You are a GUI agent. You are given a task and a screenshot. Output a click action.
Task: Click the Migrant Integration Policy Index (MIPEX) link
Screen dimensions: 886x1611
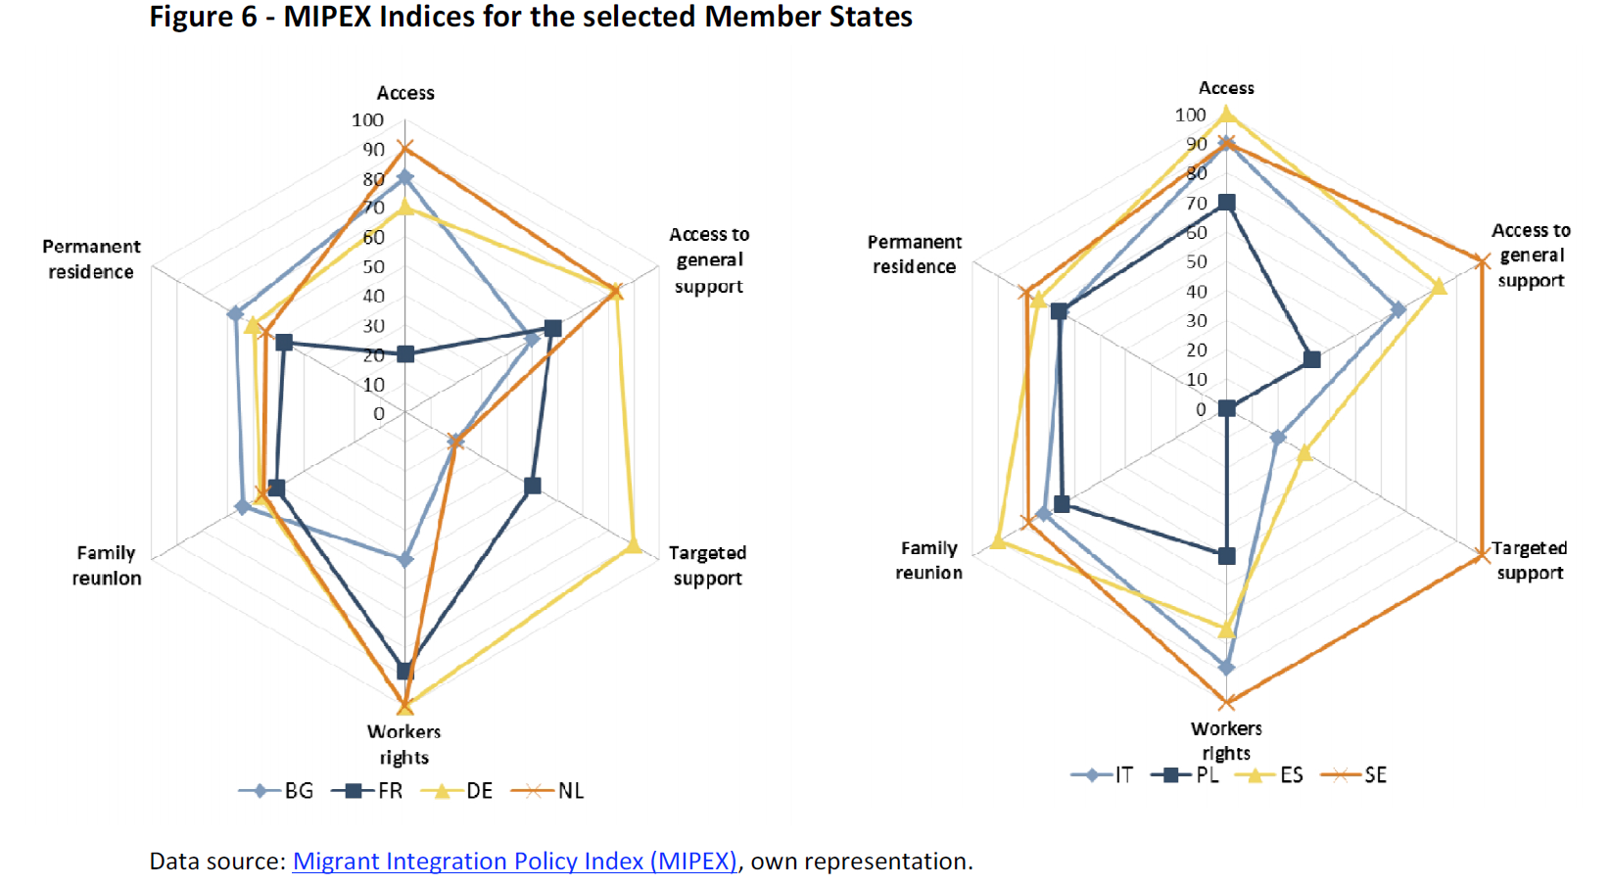(x=514, y=862)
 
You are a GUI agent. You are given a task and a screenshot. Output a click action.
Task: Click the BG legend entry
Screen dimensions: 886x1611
(x=277, y=791)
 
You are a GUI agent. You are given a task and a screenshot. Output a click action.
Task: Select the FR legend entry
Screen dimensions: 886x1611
(x=368, y=791)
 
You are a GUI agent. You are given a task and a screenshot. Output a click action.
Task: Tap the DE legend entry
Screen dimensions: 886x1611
(x=457, y=791)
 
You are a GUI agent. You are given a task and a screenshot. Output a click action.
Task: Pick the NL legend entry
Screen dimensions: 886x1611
(x=548, y=791)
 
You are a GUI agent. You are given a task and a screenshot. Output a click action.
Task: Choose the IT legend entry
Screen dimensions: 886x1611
(x=1104, y=775)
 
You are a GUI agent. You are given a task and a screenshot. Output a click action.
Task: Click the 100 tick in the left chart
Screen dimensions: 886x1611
(x=367, y=120)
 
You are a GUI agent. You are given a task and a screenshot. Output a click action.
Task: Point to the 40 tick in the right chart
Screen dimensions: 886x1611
(x=1196, y=292)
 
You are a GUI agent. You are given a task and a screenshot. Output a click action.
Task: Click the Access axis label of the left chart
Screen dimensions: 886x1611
(x=405, y=93)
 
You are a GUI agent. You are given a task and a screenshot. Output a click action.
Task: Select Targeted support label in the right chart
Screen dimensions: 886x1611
(x=1529, y=561)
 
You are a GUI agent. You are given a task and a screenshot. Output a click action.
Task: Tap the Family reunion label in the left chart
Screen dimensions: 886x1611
(x=107, y=566)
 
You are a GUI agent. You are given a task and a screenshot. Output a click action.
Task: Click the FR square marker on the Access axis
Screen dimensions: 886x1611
(x=405, y=354)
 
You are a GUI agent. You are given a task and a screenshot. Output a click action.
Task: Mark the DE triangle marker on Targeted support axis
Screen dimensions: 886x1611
(x=633, y=545)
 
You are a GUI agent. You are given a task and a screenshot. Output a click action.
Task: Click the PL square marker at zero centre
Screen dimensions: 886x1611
(x=1226, y=409)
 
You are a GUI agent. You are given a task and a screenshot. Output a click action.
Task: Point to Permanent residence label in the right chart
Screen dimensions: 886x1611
(x=915, y=255)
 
